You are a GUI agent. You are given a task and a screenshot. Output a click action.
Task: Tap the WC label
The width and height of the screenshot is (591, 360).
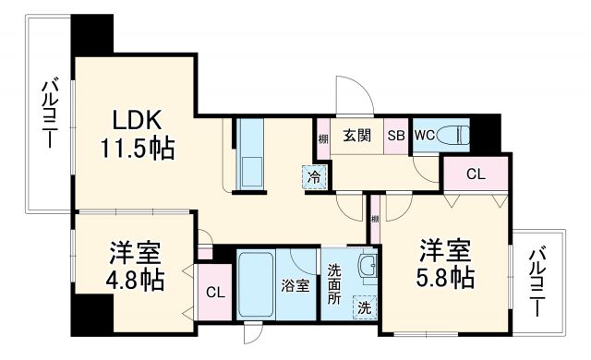click(x=425, y=136)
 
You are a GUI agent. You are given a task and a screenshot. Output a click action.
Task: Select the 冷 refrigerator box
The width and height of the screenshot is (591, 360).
click(x=315, y=176)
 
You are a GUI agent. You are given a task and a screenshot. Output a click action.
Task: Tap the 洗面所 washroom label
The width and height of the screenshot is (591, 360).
click(x=334, y=286)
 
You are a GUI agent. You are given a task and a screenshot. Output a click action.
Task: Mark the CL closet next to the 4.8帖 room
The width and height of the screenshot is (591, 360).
click(x=213, y=293)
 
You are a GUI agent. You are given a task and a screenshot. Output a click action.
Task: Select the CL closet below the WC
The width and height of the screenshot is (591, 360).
click(x=475, y=174)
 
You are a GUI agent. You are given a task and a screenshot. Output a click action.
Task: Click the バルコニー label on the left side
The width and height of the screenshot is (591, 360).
click(x=47, y=115)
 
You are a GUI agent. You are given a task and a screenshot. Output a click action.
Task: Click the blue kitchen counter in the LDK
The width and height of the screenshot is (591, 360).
click(x=251, y=154)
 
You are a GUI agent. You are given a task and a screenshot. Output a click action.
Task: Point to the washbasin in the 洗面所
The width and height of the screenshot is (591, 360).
click(x=367, y=270)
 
